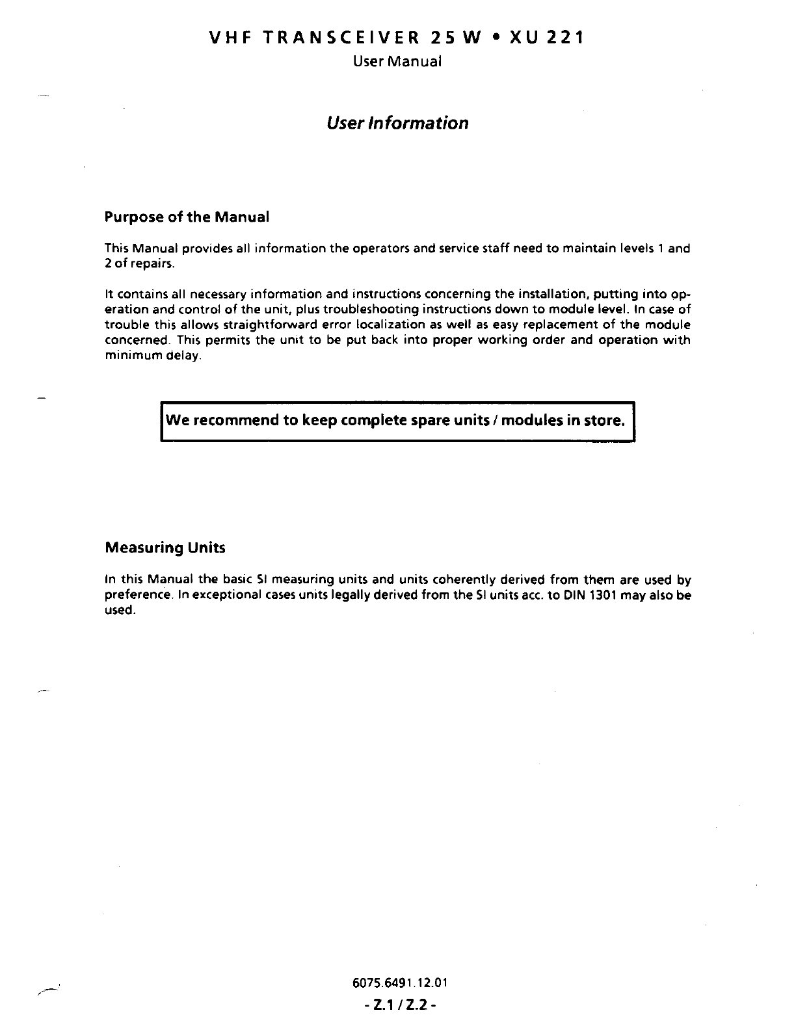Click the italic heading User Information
click(x=397, y=123)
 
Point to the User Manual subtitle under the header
click(x=397, y=61)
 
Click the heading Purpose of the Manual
click(x=187, y=217)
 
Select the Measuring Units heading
click(x=165, y=548)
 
